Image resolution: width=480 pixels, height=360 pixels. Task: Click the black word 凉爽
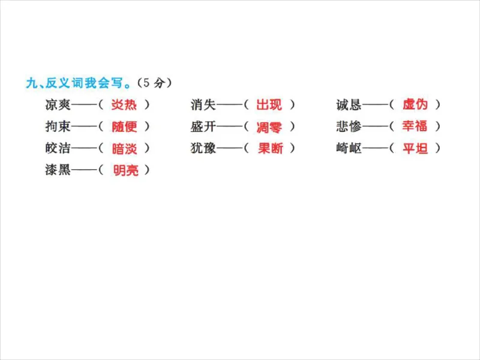pos(58,105)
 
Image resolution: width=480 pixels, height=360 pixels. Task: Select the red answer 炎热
pos(124,105)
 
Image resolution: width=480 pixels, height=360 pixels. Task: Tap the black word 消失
pos(203,105)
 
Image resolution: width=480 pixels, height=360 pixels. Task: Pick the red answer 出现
pos(269,105)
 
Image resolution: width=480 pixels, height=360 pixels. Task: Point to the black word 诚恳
pos(349,105)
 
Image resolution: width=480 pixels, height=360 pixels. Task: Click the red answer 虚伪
pos(415,105)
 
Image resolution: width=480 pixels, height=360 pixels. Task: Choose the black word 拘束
pos(58,127)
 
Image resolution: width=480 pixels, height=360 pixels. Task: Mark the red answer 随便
pos(124,127)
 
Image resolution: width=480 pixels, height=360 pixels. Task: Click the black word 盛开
pos(203,127)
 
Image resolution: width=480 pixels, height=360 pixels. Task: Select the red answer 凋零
pos(269,127)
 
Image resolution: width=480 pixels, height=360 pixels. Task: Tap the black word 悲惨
pos(349,127)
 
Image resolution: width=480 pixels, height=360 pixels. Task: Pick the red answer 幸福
pos(415,127)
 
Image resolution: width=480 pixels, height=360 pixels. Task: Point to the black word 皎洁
pos(58,148)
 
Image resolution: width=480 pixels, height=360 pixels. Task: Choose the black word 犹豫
pos(203,148)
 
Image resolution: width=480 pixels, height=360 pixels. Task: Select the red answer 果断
pos(270,148)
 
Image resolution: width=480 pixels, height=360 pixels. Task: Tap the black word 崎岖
pos(349,148)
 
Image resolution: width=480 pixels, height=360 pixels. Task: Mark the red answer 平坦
pos(415,148)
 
